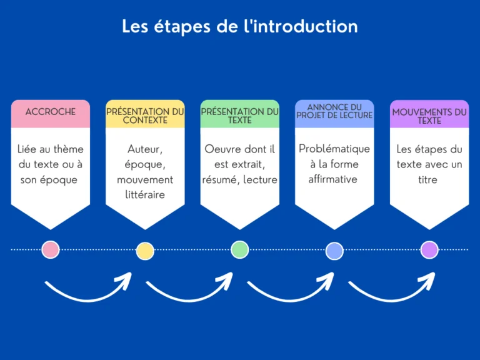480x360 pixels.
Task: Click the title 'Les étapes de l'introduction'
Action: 239,26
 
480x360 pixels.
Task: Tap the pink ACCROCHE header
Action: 51,112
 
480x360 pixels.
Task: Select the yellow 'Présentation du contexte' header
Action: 145,116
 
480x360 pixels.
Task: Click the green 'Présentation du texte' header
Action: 239,116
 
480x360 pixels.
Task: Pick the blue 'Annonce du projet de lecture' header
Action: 334,112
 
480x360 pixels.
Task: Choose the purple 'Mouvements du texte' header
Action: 429,116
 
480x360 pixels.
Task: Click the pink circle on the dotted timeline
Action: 50,249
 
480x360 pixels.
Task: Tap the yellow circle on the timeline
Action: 145,251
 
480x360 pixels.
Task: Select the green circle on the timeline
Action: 239,249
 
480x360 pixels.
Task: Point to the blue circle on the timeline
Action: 334,251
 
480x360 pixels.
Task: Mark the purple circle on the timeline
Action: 429,249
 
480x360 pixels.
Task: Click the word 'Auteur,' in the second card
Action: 145,149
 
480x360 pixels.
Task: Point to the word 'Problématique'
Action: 334,149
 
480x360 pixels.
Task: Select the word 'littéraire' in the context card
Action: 145,194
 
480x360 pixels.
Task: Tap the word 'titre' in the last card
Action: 429,179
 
